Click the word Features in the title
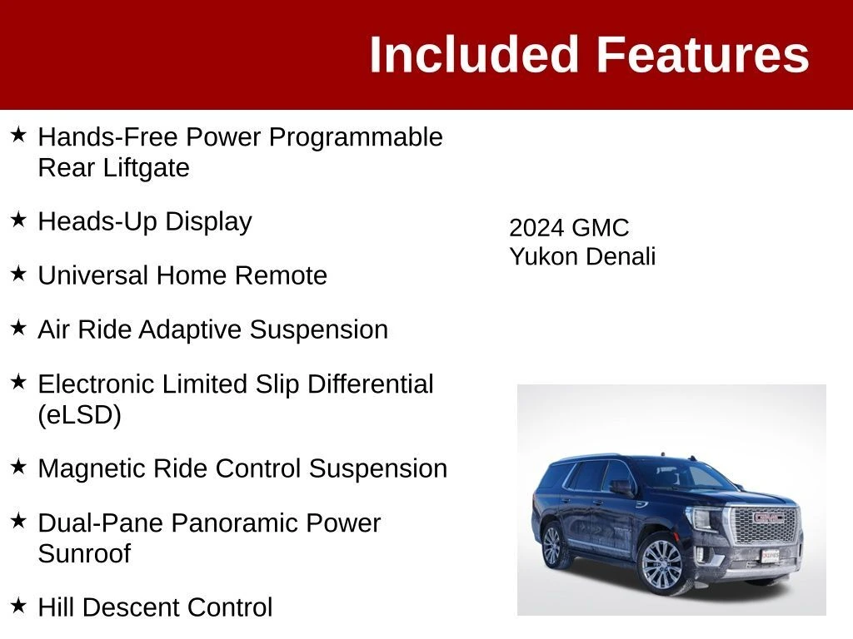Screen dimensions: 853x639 (703, 54)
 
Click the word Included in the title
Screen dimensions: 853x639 (473, 54)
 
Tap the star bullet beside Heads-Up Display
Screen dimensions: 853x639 (18, 220)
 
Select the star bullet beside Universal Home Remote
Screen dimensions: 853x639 (18, 274)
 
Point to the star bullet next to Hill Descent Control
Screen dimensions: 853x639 (18, 606)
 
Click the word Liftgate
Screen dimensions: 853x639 (146, 168)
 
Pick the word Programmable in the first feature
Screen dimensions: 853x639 (356, 137)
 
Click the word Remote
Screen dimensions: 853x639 (281, 275)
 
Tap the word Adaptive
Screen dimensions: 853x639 (190, 329)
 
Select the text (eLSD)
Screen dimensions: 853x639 (79, 415)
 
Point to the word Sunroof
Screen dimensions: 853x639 (84, 553)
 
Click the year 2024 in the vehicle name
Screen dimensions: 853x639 (536, 228)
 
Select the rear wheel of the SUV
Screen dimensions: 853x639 (552, 546)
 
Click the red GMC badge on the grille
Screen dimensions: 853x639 (767, 518)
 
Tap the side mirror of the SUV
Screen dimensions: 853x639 (621, 487)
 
